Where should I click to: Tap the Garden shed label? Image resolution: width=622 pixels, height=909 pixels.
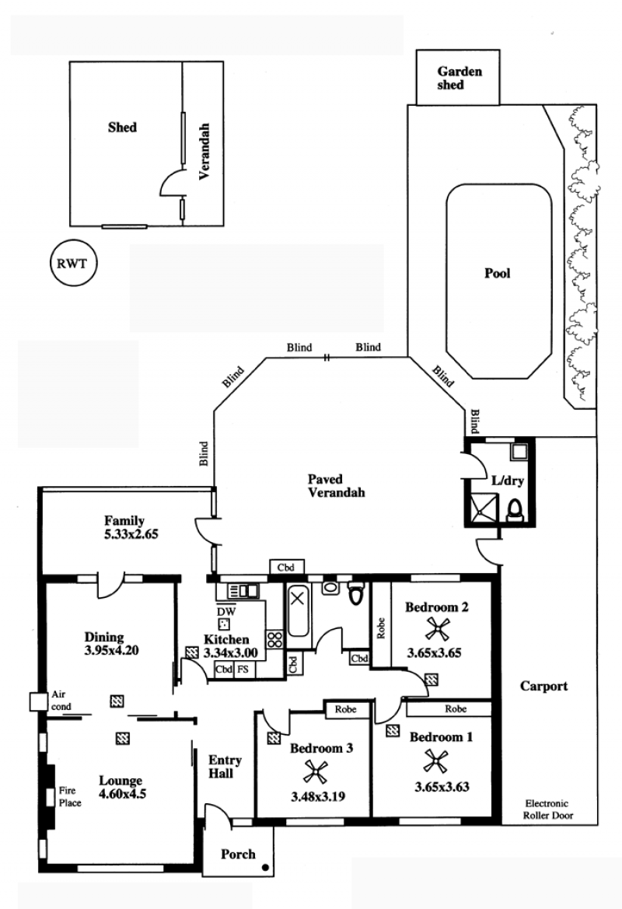[459, 79]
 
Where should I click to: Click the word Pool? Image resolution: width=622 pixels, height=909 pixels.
[498, 273]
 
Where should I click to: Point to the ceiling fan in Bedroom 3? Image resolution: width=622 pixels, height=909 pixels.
[316, 771]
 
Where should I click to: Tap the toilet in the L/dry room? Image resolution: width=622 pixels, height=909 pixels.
[515, 510]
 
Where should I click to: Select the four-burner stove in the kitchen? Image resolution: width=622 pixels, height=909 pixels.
[274, 639]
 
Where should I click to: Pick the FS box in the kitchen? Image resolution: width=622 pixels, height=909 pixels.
[243, 669]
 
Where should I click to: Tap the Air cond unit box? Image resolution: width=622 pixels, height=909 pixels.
[37, 701]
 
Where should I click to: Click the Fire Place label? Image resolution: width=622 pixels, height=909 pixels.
[69, 796]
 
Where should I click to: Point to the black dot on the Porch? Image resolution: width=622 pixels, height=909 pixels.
[265, 868]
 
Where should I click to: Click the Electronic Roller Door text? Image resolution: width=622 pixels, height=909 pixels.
[548, 809]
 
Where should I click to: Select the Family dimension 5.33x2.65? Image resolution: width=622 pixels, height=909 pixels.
[131, 534]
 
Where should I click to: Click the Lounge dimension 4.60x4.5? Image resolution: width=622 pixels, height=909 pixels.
[122, 794]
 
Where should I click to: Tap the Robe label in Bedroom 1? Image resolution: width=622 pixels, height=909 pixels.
[456, 708]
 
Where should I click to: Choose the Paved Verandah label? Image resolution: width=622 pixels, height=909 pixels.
[336, 486]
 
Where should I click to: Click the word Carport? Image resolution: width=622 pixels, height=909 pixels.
[543, 687]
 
